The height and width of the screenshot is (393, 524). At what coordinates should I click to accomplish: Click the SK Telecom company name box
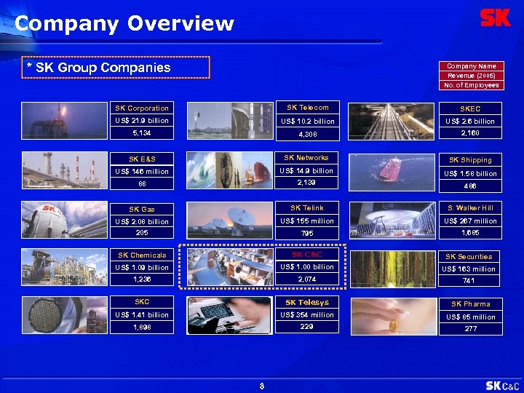pos(307,108)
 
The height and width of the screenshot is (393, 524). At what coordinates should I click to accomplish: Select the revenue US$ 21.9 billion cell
pos(142,120)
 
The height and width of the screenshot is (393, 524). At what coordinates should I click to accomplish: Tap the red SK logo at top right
pos(496,18)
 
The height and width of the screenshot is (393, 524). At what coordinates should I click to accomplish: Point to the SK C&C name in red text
pos(307,255)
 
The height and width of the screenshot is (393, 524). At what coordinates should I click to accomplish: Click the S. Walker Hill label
pos(470,208)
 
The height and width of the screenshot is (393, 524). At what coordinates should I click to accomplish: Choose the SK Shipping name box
pos(470,160)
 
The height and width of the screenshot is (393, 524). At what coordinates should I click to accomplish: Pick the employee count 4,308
pos(307,134)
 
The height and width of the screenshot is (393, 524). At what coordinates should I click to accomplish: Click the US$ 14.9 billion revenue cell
pos(307,171)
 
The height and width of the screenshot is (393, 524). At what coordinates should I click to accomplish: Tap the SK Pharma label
pos(470,304)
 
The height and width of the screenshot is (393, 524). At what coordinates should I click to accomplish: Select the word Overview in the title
pos(180,24)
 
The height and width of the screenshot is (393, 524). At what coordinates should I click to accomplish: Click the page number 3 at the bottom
pos(261,386)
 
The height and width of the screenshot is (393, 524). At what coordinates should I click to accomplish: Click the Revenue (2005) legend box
pos(472,76)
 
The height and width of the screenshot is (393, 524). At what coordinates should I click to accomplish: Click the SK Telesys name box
pos(307,302)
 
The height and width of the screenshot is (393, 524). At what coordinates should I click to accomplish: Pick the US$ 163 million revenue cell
pos(470,269)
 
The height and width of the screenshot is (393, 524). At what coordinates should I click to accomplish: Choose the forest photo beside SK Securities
pos(393,269)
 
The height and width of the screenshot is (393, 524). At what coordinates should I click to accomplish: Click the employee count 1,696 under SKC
pos(142,327)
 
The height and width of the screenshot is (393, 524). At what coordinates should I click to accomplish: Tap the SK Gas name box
pos(142,209)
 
